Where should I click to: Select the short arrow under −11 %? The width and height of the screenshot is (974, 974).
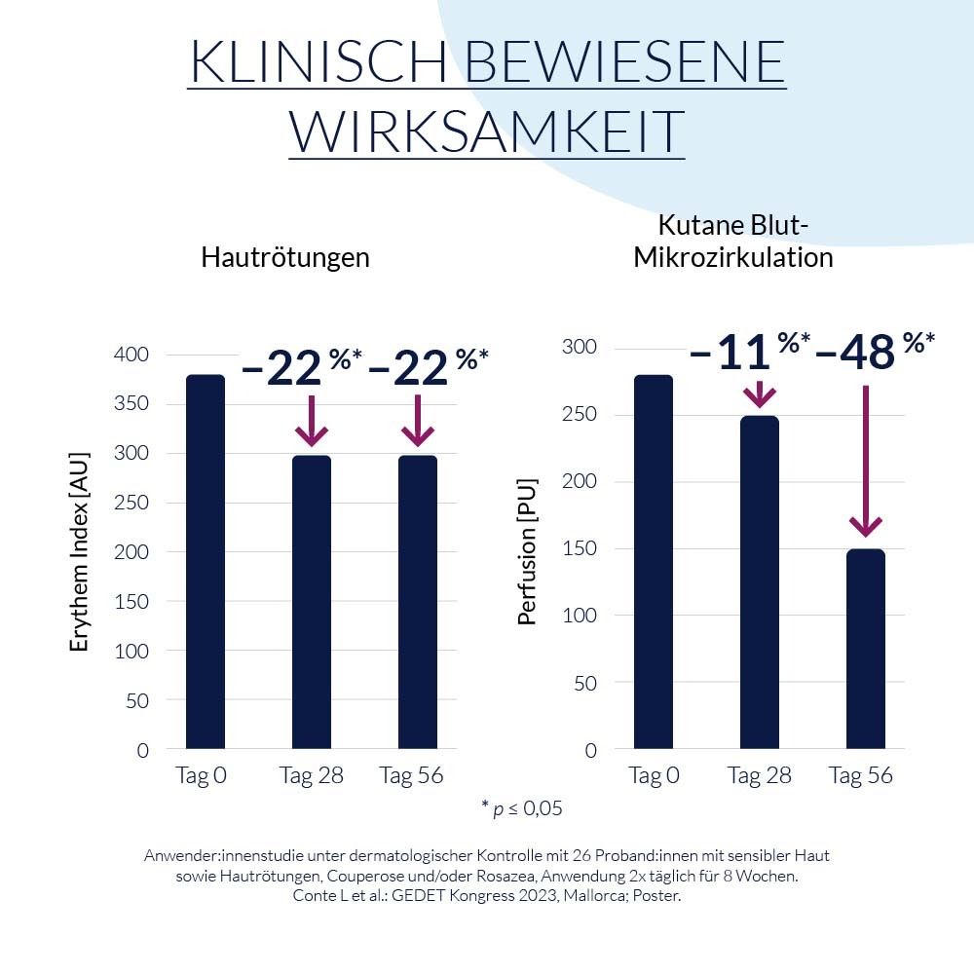point(759,393)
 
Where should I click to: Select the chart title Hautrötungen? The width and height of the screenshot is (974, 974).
point(285,258)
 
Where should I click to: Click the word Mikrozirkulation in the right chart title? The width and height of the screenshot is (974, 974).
point(733,258)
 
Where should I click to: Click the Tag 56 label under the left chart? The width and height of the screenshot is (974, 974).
point(411,776)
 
